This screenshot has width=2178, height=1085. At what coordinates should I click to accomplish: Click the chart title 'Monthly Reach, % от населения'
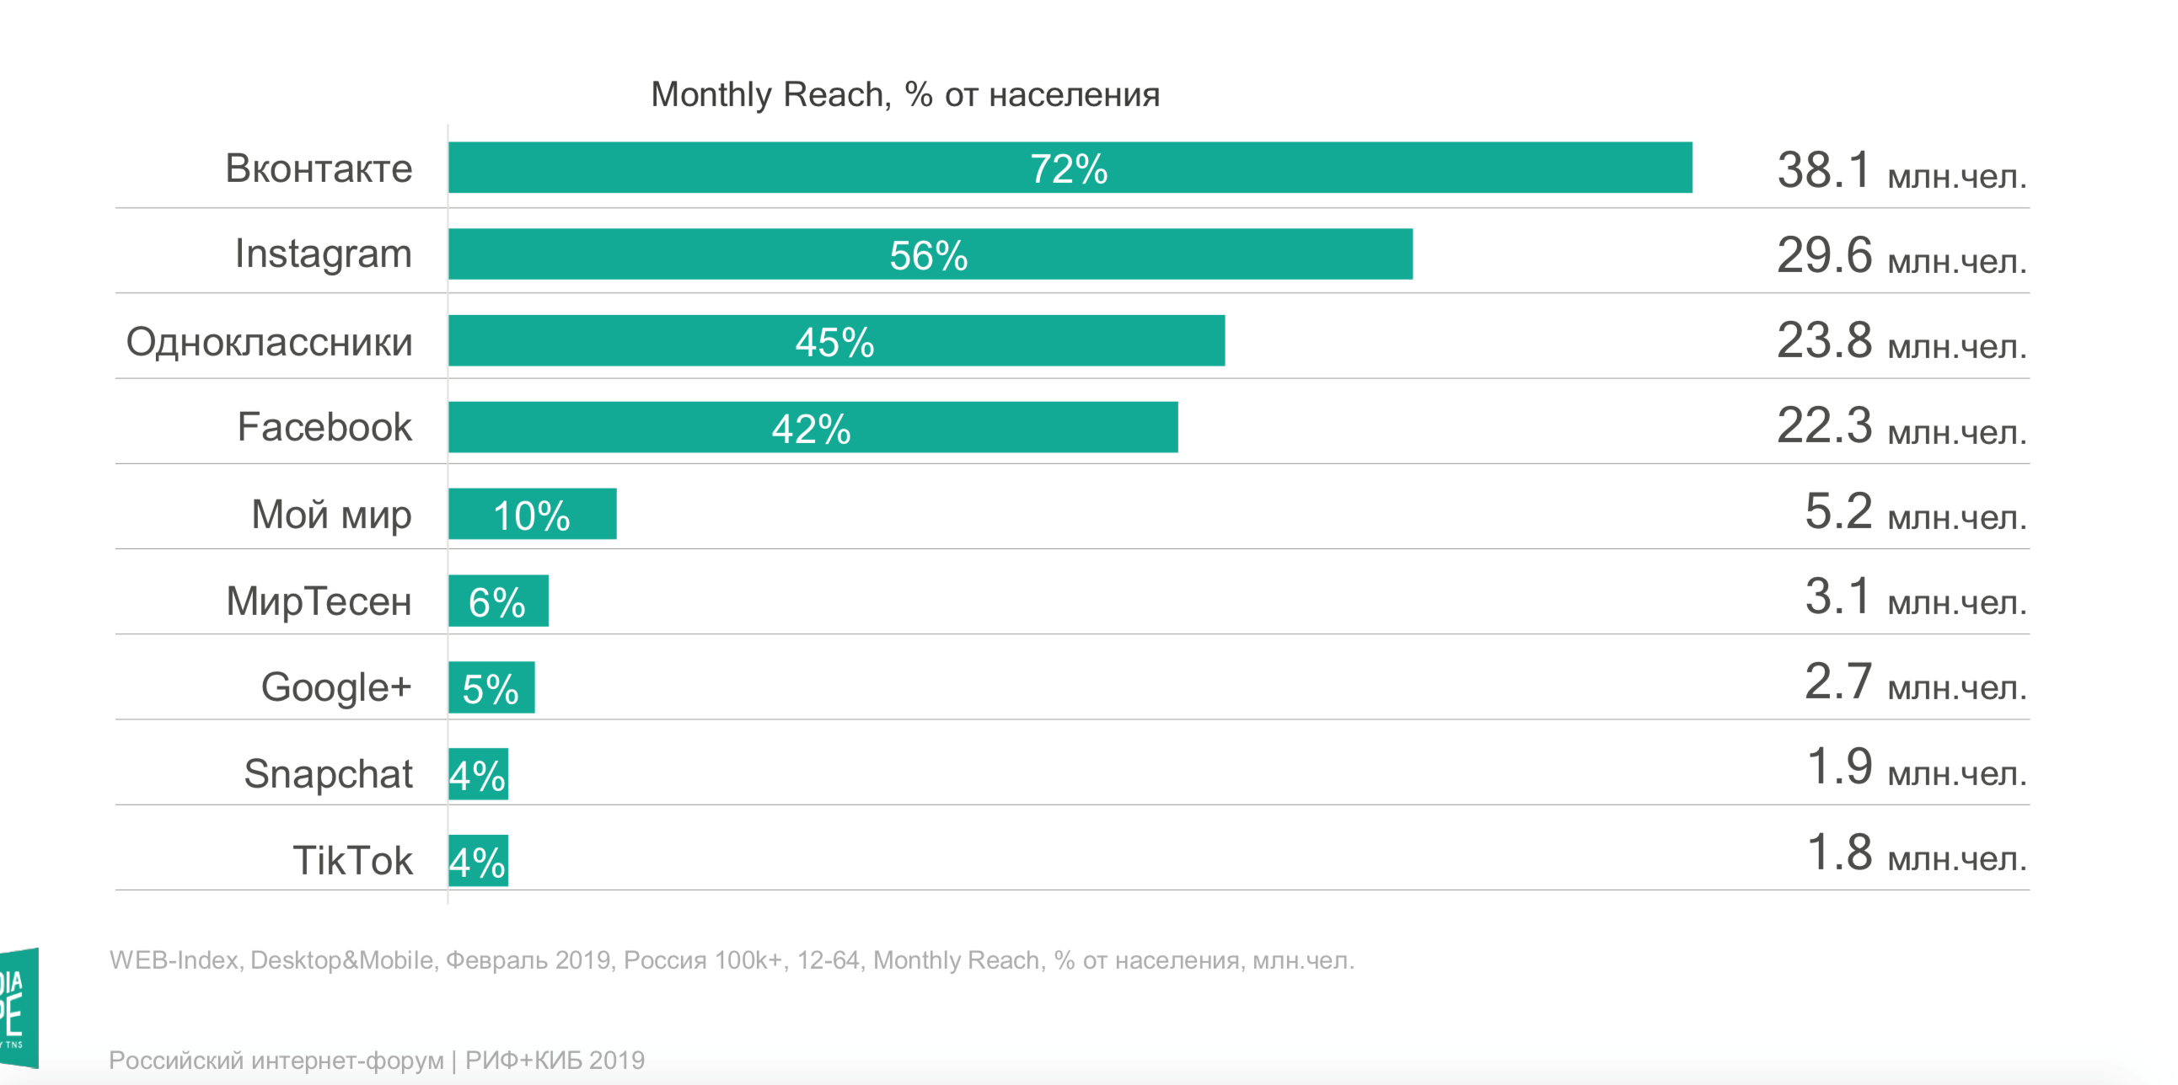(x=904, y=94)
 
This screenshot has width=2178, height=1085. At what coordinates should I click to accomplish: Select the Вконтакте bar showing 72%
(x=1070, y=168)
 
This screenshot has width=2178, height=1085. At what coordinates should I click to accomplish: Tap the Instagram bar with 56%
(x=930, y=254)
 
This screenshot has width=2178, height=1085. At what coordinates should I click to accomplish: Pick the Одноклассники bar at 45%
(x=836, y=340)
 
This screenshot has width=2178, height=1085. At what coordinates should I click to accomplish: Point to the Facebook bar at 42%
(x=813, y=427)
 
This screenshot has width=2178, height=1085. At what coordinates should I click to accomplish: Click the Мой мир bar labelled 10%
(x=532, y=514)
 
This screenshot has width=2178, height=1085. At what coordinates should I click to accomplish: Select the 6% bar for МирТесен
(x=498, y=601)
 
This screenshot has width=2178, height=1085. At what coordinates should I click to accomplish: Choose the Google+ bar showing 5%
(x=491, y=687)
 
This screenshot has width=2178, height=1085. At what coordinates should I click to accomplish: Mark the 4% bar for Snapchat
(x=478, y=774)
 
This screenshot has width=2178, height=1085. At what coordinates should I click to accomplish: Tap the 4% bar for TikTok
(x=478, y=860)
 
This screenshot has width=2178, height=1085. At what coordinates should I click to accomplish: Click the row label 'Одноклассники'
(x=269, y=342)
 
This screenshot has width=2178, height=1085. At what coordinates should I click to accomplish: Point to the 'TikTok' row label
(x=352, y=860)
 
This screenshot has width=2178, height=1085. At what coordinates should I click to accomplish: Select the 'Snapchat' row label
(x=328, y=773)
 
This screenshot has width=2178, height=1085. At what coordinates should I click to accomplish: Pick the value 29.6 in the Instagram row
(x=1824, y=255)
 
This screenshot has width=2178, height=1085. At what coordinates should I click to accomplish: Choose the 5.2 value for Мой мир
(x=1837, y=511)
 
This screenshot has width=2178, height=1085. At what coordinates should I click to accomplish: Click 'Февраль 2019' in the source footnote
(x=528, y=960)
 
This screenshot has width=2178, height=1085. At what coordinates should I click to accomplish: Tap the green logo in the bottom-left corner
(x=19, y=1008)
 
